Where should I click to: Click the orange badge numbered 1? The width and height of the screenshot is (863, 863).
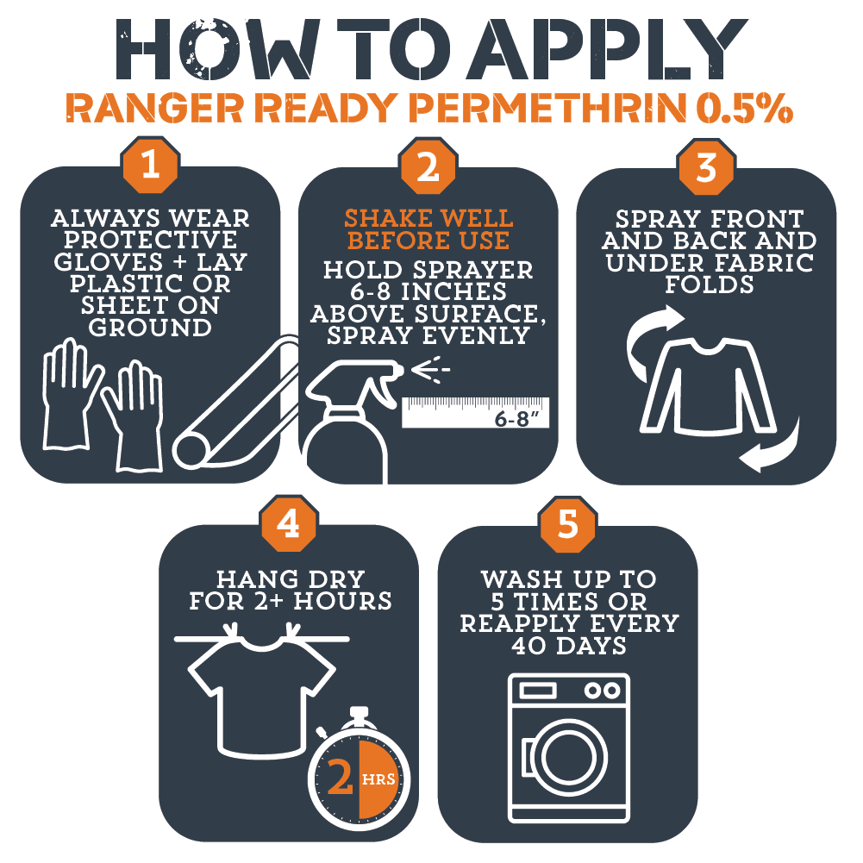click(x=150, y=165)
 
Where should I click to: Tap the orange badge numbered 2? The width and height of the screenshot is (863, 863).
click(x=428, y=166)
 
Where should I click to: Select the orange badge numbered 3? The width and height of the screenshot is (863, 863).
click(x=707, y=166)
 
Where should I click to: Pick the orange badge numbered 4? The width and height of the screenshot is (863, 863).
click(x=289, y=523)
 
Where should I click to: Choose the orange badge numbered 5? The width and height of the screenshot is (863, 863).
click(x=568, y=524)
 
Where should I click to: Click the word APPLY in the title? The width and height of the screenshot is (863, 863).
click(x=607, y=49)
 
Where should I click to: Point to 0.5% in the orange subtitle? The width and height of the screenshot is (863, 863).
click(x=745, y=108)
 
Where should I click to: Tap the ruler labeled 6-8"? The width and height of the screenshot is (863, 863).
click(x=476, y=412)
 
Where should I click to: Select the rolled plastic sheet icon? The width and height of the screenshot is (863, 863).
click(x=235, y=403)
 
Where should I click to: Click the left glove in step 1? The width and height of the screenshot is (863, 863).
click(x=70, y=393)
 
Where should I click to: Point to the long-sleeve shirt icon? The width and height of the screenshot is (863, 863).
click(x=709, y=385)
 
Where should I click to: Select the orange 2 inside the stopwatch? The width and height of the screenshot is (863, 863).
click(x=341, y=777)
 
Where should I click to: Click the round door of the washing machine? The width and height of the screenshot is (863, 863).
click(x=568, y=757)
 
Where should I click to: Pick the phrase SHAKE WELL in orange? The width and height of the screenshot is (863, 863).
click(x=428, y=218)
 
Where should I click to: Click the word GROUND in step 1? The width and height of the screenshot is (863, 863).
click(x=150, y=328)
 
